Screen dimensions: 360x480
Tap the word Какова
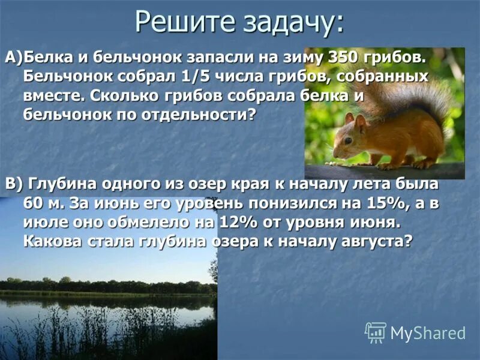coord(55,242)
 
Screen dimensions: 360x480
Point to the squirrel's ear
coord(359,121)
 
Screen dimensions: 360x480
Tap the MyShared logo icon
coord(376,332)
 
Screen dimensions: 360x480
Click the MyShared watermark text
coord(428,333)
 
